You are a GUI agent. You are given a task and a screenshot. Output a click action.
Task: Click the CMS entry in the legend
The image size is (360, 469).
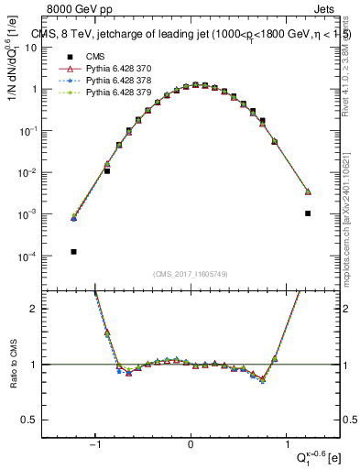[x=94, y=56]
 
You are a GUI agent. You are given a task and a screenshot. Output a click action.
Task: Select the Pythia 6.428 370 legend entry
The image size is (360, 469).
[x=113, y=68]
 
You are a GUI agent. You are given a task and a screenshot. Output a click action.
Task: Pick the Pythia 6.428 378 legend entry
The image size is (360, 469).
[x=113, y=80]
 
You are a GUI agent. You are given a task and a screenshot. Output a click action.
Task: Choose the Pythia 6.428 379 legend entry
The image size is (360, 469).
[x=113, y=92]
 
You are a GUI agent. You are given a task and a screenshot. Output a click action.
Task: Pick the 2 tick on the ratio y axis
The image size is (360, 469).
[x=39, y=309]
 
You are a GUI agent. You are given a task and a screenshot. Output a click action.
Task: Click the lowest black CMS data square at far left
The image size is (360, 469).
[x=73, y=251]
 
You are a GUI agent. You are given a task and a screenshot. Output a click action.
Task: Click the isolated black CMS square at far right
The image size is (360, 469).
[x=308, y=213]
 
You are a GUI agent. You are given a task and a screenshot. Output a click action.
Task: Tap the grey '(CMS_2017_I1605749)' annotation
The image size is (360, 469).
[x=191, y=273]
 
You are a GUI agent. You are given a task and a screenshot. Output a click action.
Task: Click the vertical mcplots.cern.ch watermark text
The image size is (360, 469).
[x=347, y=211]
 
